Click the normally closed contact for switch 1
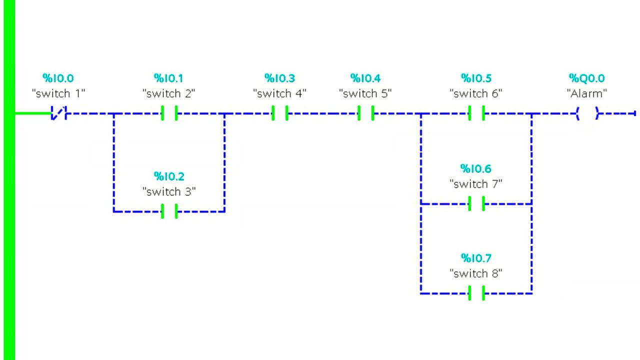(58, 114)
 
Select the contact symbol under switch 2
(169, 113)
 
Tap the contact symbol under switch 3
(169, 211)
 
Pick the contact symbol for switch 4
(279, 113)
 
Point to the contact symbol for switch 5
(365, 113)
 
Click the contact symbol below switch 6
(476, 113)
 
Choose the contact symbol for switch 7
(476, 204)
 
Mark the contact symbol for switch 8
(476, 293)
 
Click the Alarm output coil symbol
(587, 114)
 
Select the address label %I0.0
(58, 78)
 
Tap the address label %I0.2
(169, 176)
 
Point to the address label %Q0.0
(586, 78)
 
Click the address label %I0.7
(476, 258)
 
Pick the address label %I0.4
(365, 78)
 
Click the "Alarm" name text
(586, 93)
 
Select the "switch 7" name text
(476, 184)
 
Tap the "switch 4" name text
(279, 93)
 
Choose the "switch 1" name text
(58, 93)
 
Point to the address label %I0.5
(476, 78)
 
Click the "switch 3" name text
(169, 191)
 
